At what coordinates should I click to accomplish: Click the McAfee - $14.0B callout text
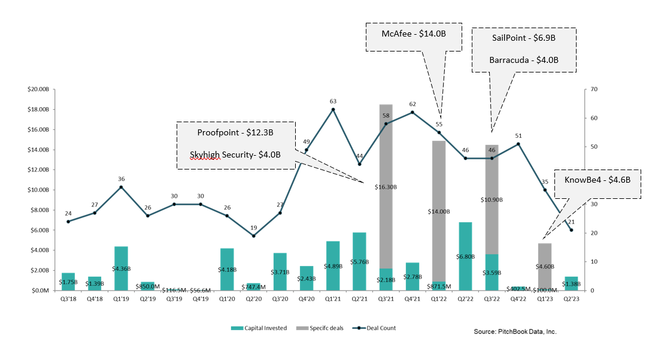tap(414, 34)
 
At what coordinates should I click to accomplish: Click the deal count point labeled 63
tap(333, 109)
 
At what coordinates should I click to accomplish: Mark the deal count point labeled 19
tap(253, 235)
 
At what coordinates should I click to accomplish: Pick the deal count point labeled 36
tap(121, 187)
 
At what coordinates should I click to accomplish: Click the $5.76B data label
tap(359, 262)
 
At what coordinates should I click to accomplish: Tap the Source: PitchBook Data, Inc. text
tap(515, 331)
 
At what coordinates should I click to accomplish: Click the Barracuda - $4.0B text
tap(523, 60)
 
